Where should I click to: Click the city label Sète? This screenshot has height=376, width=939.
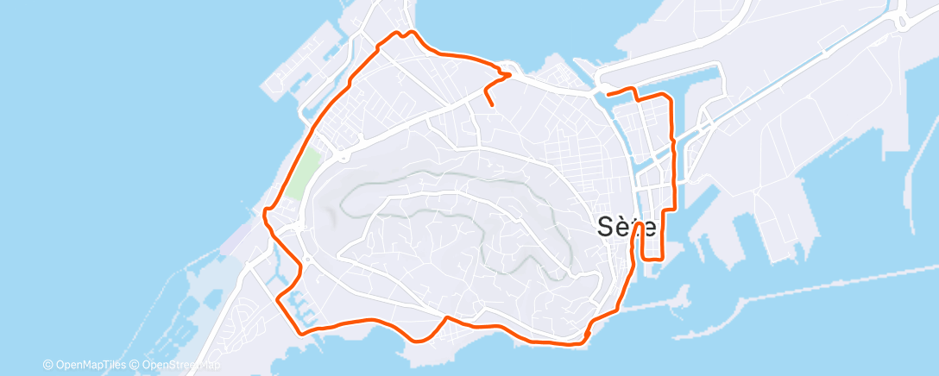tap(627, 227)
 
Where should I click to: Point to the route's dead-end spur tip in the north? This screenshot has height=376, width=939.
tap(492, 104)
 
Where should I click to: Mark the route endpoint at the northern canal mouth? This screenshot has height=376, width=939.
tap(608, 93)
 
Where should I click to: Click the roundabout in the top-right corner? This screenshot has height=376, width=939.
tap(904, 22)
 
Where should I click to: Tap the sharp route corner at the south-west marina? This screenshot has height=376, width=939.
tap(278, 298)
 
